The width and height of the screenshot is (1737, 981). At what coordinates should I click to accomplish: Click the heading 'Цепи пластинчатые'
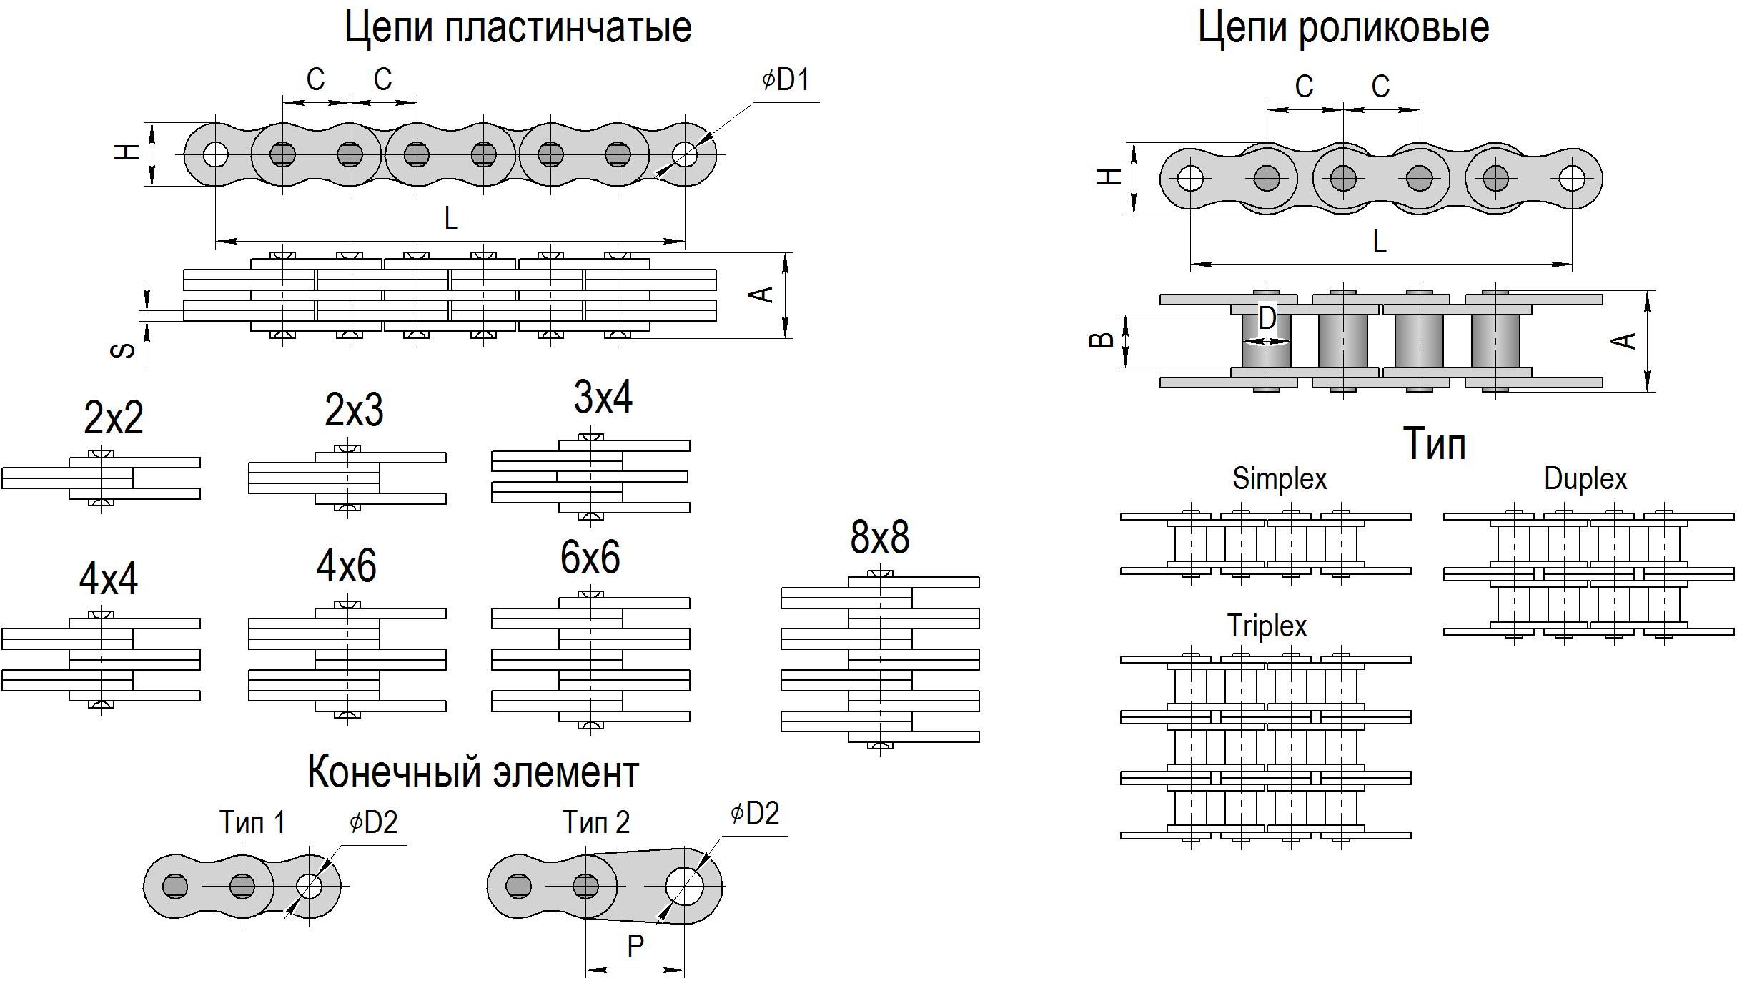[x=518, y=27]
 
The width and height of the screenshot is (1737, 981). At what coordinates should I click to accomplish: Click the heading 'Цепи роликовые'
[x=1343, y=27]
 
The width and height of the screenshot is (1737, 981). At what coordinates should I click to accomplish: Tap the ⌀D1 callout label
[x=786, y=79]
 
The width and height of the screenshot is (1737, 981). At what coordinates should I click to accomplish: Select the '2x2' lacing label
[x=114, y=418]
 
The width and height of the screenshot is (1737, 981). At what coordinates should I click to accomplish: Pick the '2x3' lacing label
[x=354, y=410]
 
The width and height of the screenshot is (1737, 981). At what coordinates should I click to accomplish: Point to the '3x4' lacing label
[x=603, y=398]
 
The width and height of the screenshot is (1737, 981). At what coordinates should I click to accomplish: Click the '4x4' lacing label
[x=109, y=578]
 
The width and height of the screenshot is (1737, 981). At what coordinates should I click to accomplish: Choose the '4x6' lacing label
[x=346, y=566]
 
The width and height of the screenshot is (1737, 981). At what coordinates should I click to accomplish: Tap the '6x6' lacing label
[x=590, y=557]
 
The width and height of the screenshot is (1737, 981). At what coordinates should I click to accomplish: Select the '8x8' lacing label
[x=879, y=537]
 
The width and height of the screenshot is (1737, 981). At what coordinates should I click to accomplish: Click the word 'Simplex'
[x=1279, y=478]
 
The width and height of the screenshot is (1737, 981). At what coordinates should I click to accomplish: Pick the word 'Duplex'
[x=1585, y=478]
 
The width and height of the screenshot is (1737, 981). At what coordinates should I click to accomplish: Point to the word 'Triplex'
[x=1267, y=626]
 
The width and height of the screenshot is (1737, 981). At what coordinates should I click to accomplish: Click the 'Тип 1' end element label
[x=252, y=822]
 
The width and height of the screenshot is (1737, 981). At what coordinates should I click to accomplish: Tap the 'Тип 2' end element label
[x=595, y=822]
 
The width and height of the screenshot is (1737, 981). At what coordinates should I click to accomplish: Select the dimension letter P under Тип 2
[x=635, y=947]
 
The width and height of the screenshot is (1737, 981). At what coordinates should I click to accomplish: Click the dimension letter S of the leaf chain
[x=124, y=350]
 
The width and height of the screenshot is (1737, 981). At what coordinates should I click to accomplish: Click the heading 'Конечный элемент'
[x=472, y=772]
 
